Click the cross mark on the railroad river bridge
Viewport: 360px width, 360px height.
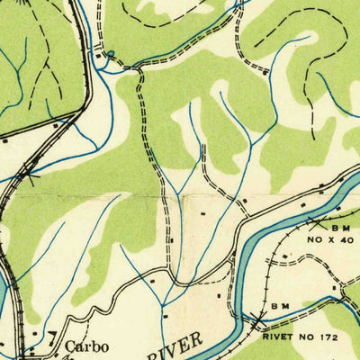[258, 320]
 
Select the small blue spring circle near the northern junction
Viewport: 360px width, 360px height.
[110, 54]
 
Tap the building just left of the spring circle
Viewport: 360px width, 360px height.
[100, 56]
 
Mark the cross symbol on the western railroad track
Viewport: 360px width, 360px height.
[32, 174]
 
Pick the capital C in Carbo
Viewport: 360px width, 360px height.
[68, 346]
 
